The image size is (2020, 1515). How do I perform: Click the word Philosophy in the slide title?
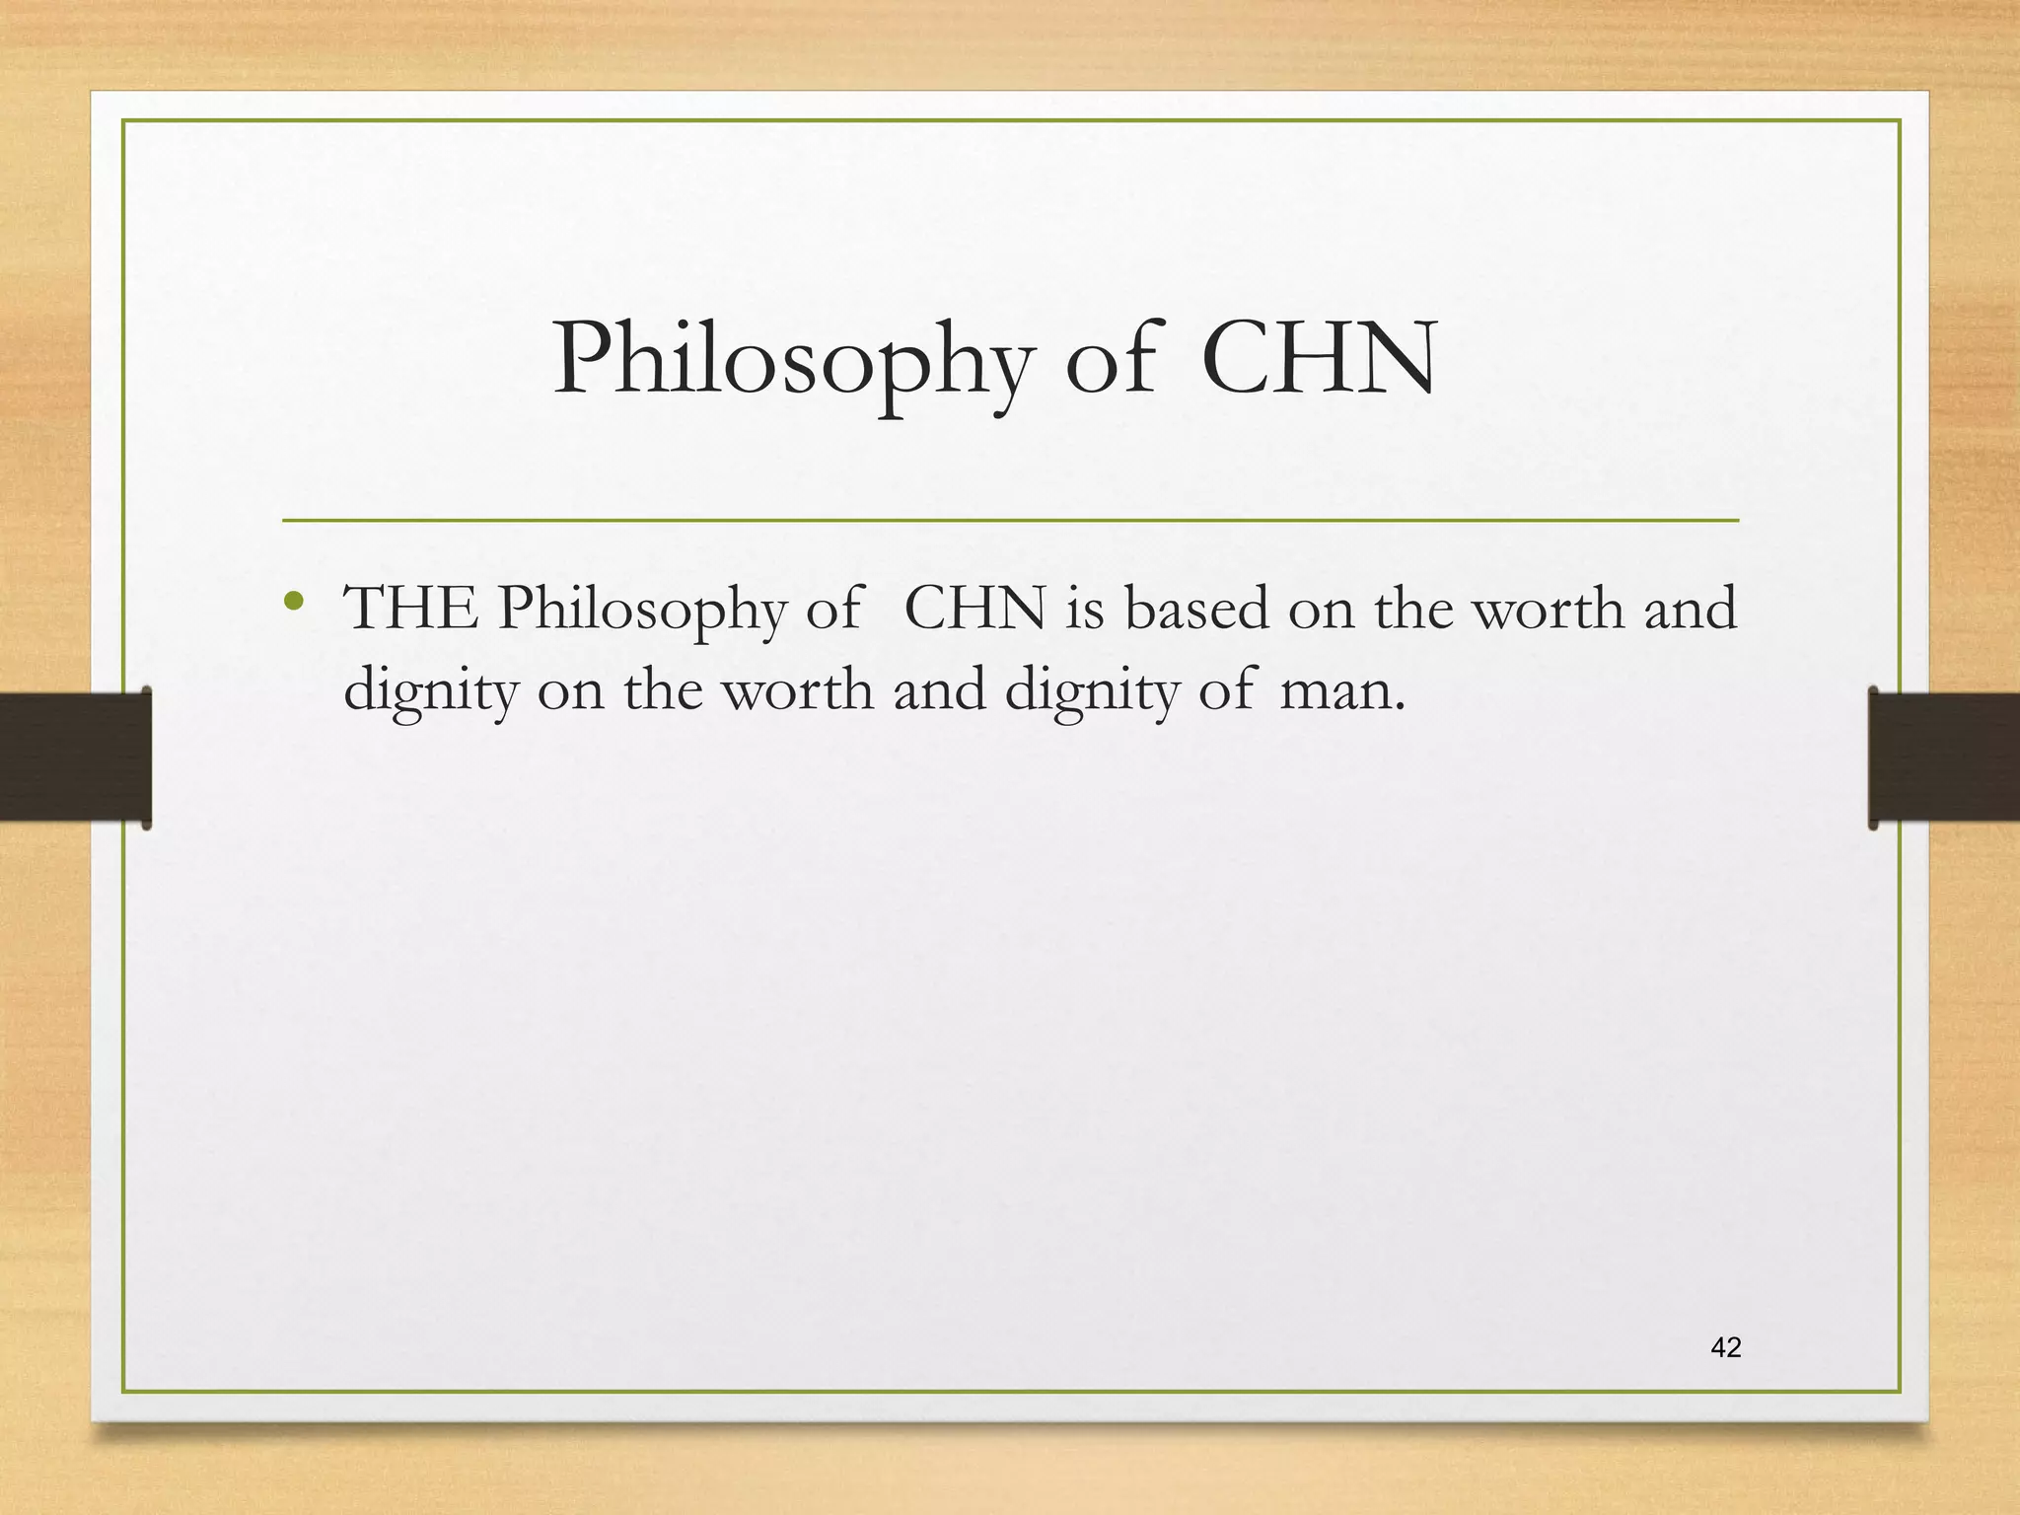pyautogui.click(x=793, y=362)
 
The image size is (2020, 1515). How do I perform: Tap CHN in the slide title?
pyautogui.click(x=1320, y=360)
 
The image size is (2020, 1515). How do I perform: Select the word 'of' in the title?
pyautogui.click(x=1110, y=360)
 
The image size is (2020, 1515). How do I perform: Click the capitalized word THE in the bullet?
pyautogui.click(x=410, y=609)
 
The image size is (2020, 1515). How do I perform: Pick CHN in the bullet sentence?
pyautogui.click(x=974, y=609)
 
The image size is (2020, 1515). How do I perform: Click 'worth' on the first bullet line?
pyautogui.click(x=1549, y=609)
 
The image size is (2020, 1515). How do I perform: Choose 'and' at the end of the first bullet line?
pyautogui.click(x=1689, y=609)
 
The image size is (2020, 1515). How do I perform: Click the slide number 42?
pyautogui.click(x=1726, y=1347)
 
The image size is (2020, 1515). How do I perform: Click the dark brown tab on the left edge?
pyautogui.click(x=75, y=757)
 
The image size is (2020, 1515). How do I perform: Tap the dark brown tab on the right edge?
pyautogui.click(x=1944, y=757)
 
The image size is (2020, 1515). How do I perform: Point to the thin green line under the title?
pyautogui.click(x=1010, y=520)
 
